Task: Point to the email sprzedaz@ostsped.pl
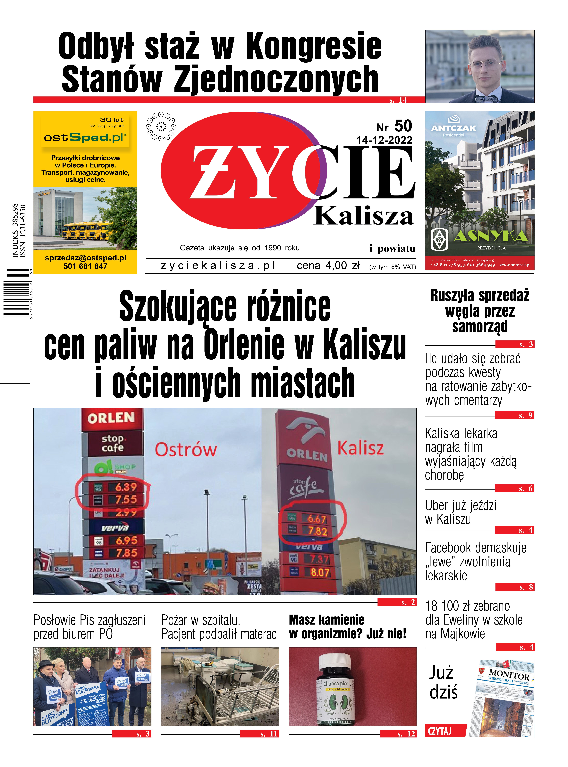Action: pyautogui.click(x=85, y=258)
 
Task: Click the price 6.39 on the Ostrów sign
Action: pyautogui.click(x=126, y=487)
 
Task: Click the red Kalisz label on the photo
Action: pyautogui.click(x=360, y=448)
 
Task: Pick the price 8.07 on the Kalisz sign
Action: pyautogui.click(x=320, y=572)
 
